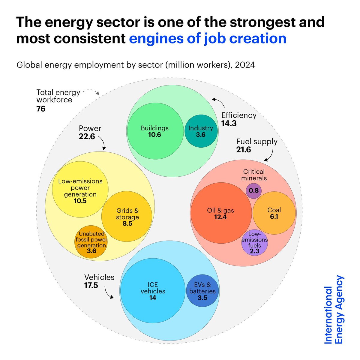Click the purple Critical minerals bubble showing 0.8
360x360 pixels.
coord(253,191)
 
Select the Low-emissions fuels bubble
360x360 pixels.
coord(254,243)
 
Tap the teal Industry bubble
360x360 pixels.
coord(201,131)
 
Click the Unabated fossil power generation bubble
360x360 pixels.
coord(91,242)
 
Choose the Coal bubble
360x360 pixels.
coord(274,213)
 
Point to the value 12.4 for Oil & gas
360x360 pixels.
coord(220,217)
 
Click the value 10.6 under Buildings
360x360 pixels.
coord(154,135)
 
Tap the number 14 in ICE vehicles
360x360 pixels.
coord(153,298)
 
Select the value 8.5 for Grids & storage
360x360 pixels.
coord(127,223)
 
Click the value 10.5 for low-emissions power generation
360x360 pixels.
coord(80,201)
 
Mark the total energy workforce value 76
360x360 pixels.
coord(41,109)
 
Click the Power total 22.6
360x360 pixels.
coord(87,136)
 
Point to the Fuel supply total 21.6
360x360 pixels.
coord(243,149)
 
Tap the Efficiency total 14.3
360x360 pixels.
coord(229,123)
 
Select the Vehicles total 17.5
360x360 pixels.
coord(91,285)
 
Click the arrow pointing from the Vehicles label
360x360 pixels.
coord(109,292)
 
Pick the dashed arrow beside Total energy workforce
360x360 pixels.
coord(91,91)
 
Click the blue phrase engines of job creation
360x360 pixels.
coord(208,38)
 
